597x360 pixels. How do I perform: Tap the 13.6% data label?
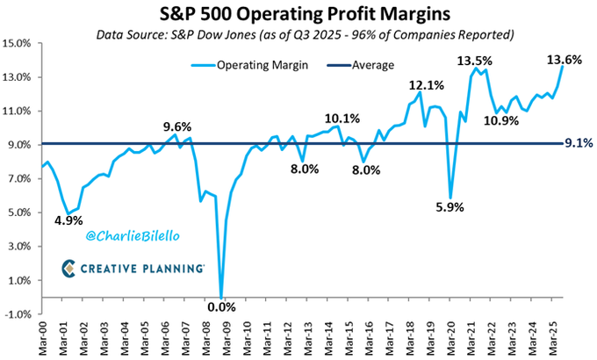(565, 60)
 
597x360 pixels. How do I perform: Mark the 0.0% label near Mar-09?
(221, 306)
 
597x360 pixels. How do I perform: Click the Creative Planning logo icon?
(70, 268)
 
